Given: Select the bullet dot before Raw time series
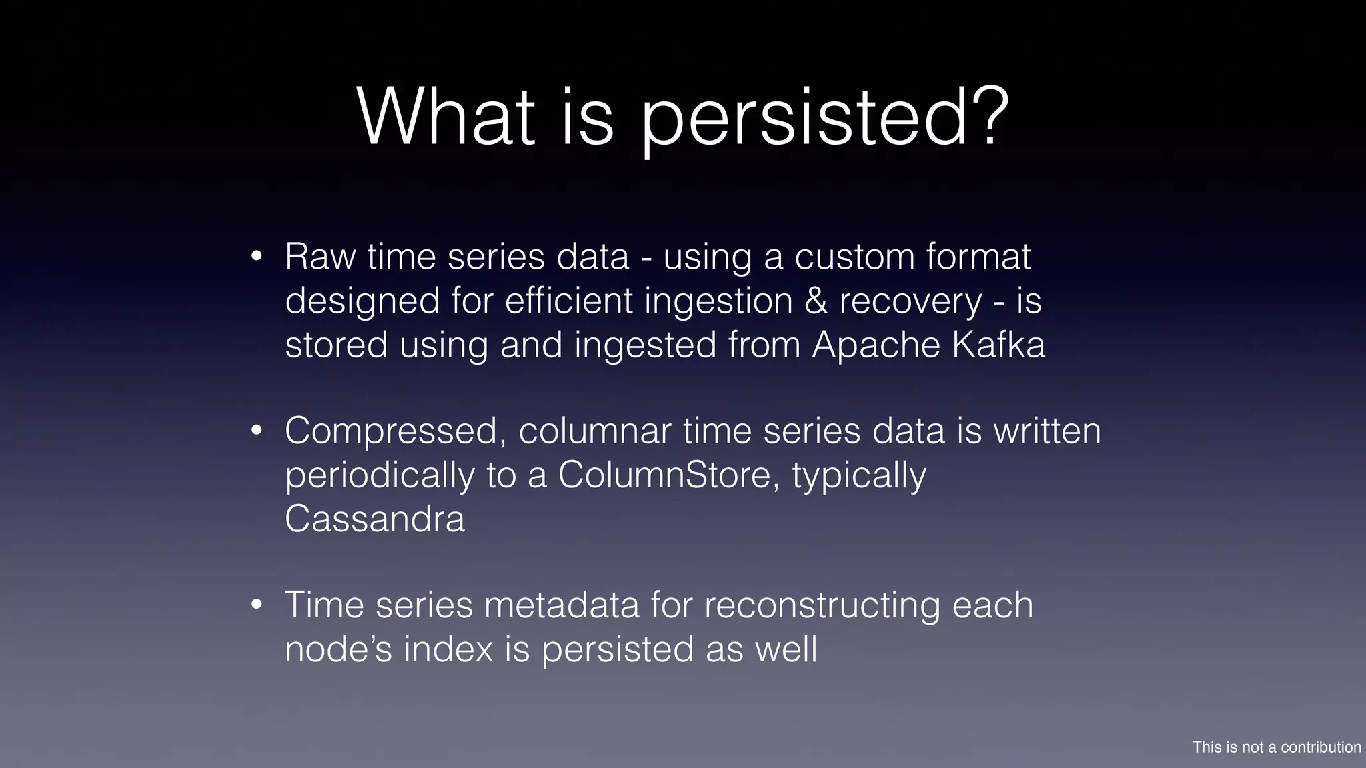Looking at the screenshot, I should tap(257, 257).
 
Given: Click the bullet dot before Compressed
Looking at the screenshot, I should tap(257, 431).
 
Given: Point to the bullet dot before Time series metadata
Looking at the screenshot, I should tap(257, 605).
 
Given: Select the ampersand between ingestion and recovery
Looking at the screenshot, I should tap(815, 301).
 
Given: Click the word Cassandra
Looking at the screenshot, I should tap(374, 519).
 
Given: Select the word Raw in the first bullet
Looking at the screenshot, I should tap(319, 257).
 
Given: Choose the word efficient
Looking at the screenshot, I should tap(569, 301).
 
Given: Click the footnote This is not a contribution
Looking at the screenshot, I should tap(1276, 747).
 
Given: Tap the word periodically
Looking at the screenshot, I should tap(380, 476).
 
